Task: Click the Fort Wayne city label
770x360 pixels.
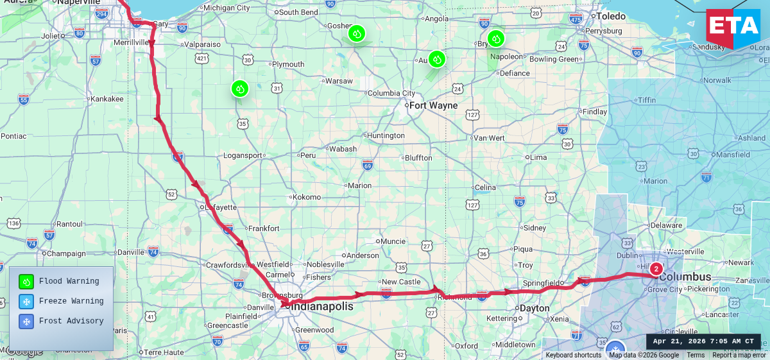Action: pyautogui.click(x=433, y=105)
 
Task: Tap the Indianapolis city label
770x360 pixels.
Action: pyautogui.click(x=323, y=307)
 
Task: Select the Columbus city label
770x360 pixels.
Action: pyautogui.click(x=685, y=277)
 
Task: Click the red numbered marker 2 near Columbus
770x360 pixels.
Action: pyautogui.click(x=656, y=269)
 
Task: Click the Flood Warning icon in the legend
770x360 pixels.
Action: pyautogui.click(x=26, y=281)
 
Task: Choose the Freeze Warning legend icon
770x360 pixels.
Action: pyautogui.click(x=26, y=301)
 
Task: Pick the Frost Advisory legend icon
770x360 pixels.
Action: pyautogui.click(x=26, y=321)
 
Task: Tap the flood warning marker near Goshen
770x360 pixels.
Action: pyautogui.click(x=356, y=33)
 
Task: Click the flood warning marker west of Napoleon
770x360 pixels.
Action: pyautogui.click(x=495, y=39)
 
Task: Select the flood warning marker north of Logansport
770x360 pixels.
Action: pyautogui.click(x=239, y=89)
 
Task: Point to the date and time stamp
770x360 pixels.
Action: pyautogui.click(x=703, y=341)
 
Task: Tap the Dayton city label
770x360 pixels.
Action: pyautogui.click(x=535, y=308)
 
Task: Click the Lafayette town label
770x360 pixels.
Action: pyautogui.click(x=221, y=207)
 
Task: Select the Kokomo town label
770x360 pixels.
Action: pyautogui.click(x=306, y=197)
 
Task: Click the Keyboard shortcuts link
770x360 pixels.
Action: pyautogui.click(x=573, y=355)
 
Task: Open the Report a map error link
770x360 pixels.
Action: pyautogui.click(x=739, y=355)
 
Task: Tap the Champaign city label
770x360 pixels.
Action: pyautogui.click(x=67, y=253)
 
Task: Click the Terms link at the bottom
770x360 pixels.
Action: pyautogui.click(x=696, y=355)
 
